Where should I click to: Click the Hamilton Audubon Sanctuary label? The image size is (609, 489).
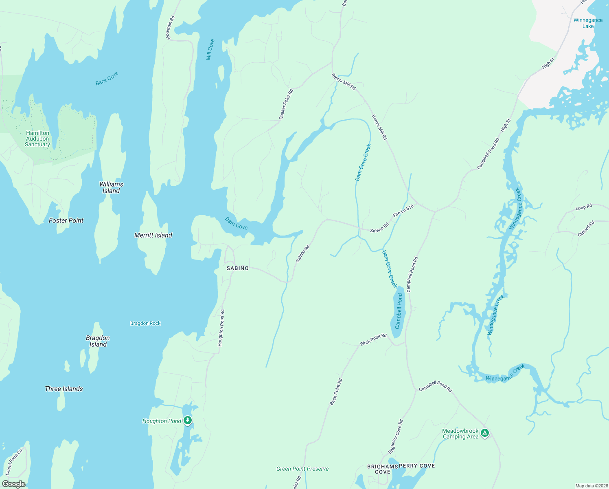[37, 139]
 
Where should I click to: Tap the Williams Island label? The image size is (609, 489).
[111, 187]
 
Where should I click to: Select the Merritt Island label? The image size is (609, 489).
[153, 235]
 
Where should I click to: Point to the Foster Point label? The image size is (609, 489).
[66, 220]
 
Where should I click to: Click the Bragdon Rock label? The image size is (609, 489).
[145, 323]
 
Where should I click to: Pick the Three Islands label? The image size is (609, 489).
[64, 389]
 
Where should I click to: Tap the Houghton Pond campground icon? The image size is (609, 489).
[187, 420]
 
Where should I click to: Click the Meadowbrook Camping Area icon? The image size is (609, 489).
[484, 433]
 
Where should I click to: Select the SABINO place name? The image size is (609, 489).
[237, 268]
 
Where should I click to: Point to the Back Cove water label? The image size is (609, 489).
[107, 79]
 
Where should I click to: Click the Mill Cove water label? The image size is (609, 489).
[210, 50]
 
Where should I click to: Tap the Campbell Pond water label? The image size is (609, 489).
[399, 311]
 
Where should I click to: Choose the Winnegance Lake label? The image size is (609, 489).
[588, 23]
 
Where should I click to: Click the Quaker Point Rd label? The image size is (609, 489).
[286, 104]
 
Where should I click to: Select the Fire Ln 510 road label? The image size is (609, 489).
[403, 211]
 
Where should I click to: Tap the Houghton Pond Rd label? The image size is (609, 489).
[221, 328]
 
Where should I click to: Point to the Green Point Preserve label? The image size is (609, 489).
[302, 469]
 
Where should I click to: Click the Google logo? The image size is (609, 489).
[13, 484]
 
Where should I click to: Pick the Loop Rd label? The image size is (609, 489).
[584, 207]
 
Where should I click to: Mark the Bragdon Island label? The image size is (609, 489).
[98, 341]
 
